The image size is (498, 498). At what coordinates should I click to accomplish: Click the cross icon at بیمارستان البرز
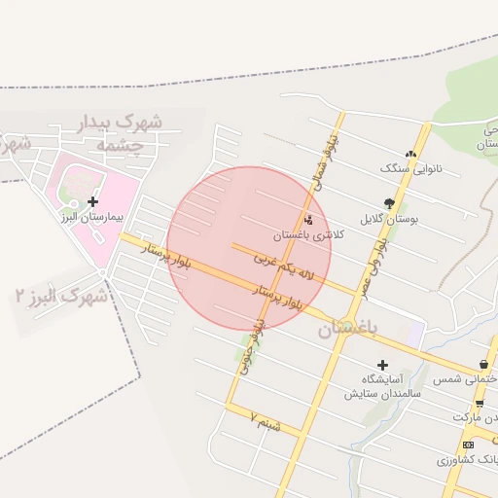coord(92,201)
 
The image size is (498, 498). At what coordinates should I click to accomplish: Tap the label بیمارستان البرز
coord(91,217)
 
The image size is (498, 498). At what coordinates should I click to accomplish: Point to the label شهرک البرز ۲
coord(61,296)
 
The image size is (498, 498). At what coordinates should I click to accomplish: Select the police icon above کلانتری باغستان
coord(309,219)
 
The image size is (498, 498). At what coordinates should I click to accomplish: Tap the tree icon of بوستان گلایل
coord(389,203)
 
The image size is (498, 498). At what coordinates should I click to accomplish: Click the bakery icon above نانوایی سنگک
coord(410,153)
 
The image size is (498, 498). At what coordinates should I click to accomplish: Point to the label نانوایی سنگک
coord(410,167)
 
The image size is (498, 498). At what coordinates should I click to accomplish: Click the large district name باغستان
coord(345,330)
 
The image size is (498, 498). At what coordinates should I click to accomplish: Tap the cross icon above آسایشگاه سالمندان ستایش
coord(382,365)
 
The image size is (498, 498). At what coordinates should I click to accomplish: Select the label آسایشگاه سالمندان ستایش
coord(382,387)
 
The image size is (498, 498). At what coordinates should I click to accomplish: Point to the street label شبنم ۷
coord(264,421)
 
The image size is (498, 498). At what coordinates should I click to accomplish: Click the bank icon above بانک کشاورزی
coord(469,444)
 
